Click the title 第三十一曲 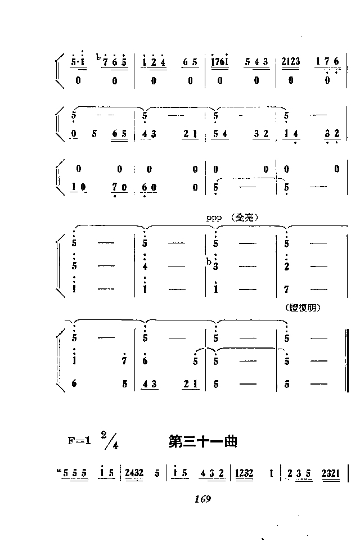[x=202, y=442]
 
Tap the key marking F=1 [x=79, y=441]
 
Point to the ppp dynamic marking [x=214, y=218]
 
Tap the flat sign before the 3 [x=209, y=262]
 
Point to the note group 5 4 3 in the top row [x=258, y=61]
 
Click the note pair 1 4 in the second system [x=292, y=134]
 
